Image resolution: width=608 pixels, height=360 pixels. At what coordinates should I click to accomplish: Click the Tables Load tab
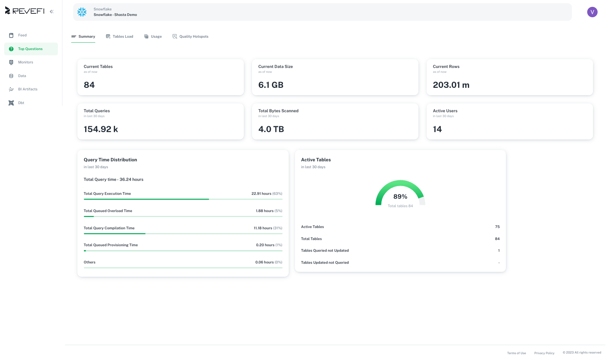[119, 36]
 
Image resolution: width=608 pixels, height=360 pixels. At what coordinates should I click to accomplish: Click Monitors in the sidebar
[25, 62]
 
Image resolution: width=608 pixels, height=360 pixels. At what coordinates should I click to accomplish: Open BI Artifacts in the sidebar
[28, 89]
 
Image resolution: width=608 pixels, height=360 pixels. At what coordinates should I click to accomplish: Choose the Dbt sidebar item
[21, 103]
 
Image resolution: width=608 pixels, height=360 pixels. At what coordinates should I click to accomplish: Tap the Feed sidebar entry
[22, 35]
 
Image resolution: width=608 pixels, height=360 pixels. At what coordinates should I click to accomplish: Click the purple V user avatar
[592, 12]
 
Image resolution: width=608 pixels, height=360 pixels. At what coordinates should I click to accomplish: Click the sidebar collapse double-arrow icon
[52, 11]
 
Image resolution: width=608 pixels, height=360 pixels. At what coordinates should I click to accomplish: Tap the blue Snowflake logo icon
[82, 12]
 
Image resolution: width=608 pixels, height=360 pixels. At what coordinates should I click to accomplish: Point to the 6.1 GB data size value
[271, 85]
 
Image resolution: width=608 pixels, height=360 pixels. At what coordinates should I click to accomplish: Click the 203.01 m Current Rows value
[451, 85]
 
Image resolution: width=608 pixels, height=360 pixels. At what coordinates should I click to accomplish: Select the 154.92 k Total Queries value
[101, 129]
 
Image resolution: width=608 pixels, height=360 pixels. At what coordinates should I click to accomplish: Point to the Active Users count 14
[437, 129]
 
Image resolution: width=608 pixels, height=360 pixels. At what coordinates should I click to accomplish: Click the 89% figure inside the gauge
[400, 196]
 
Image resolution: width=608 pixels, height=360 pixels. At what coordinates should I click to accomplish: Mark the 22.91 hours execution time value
[261, 193]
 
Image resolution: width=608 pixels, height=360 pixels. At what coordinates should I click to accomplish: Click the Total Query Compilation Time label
[109, 228]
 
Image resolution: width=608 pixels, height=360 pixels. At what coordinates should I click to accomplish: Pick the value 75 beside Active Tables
[497, 227]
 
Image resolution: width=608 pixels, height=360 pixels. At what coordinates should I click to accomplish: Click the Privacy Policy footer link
[544, 353]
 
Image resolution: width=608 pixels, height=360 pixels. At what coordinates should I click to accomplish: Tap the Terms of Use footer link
[516, 353]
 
